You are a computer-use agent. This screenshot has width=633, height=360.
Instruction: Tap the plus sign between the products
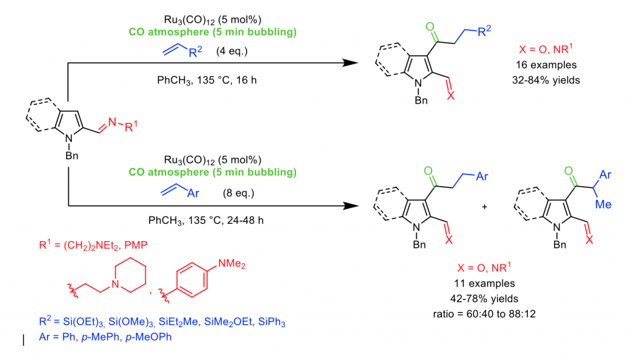coord(484,205)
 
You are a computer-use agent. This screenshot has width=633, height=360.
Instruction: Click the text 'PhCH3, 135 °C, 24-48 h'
coord(201,220)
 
